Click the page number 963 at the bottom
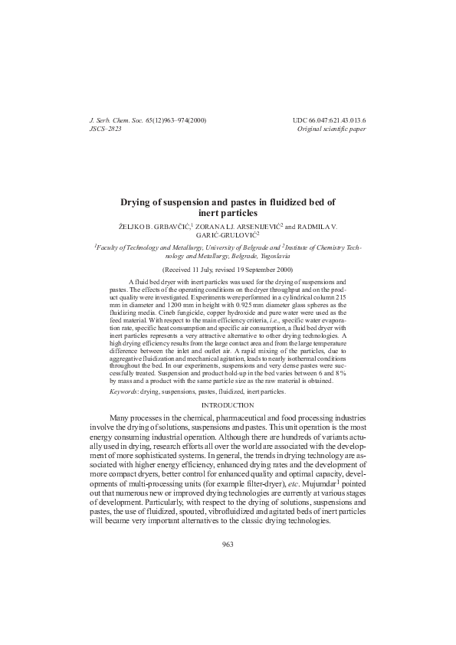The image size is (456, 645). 227,544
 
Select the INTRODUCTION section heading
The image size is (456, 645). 228,404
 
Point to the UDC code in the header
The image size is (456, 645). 329,121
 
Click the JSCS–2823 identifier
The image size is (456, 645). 106,129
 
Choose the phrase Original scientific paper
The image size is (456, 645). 331,129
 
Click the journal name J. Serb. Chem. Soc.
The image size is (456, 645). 116,121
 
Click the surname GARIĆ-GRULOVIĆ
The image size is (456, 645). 228,236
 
